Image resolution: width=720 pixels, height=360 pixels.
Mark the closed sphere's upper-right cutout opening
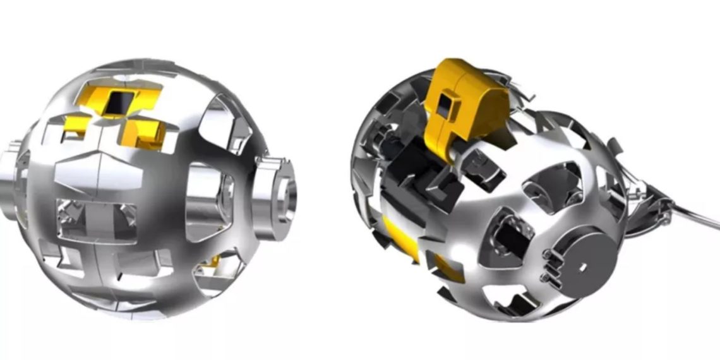pos(218,120)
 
